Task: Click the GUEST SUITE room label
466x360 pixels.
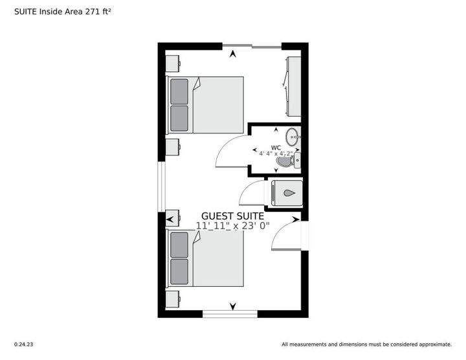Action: tap(233, 216)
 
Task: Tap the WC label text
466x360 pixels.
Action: tap(276, 148)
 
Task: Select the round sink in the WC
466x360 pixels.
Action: tap(293, 137)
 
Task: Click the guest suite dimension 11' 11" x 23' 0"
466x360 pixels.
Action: tap(233, 226)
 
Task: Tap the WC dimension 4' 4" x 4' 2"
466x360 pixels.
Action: tap(276, 153)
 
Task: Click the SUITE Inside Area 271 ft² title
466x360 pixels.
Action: tap(63, 12)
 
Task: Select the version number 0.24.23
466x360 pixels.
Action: tap(24, 344)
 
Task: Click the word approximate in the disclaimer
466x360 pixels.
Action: tap(436, 344)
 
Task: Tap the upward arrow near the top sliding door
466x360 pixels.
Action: tap(233, 54)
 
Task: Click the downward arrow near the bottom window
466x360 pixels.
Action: tap(233, 306)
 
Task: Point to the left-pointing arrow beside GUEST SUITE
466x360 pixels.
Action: tap(170, 219)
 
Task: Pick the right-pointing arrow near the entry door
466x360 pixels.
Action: tap(295, 219)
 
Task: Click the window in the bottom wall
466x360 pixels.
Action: tap(230, 314)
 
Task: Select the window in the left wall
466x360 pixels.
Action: tap(161, 186)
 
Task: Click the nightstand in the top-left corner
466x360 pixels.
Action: tap(173, 63)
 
